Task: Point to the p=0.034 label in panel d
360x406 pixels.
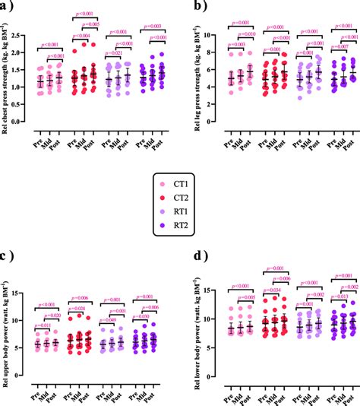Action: click(270, 290)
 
